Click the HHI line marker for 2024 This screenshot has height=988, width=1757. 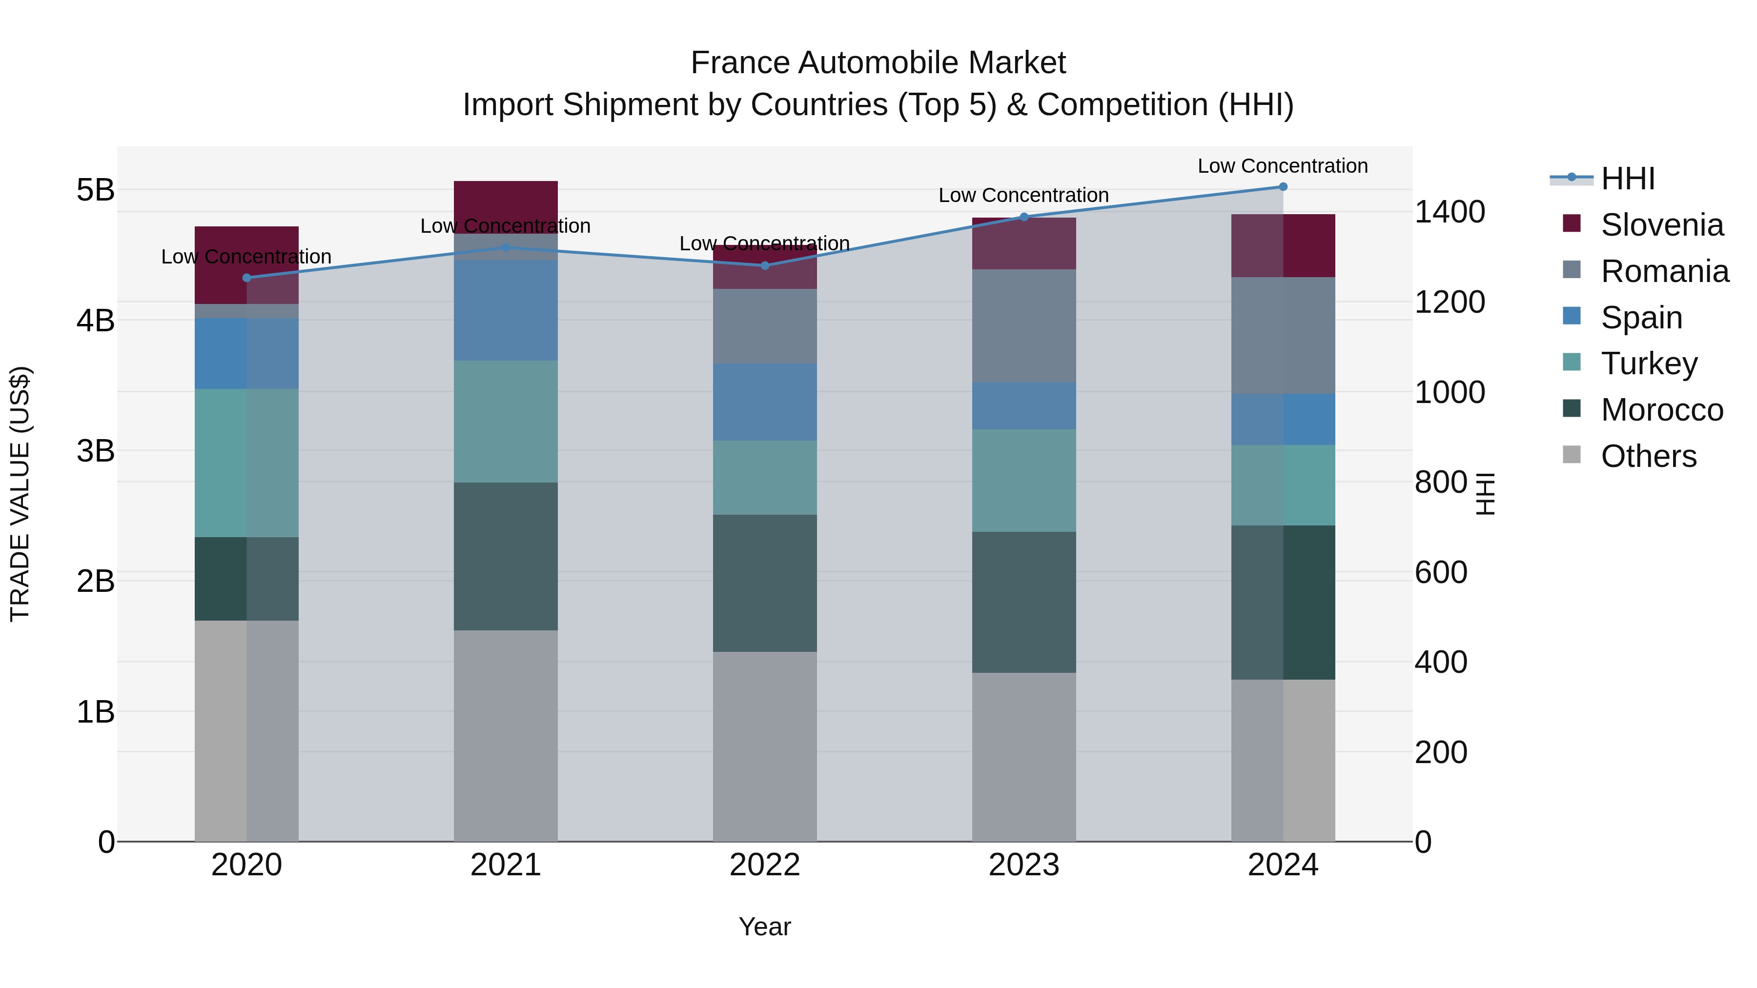(x=1283, y=186)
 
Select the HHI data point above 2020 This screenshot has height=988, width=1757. (x=247, y=278)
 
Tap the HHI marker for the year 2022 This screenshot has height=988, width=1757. (x=765, y=265)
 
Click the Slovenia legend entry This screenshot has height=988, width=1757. (x=1661, y=225)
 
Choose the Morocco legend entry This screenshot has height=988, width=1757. (x=1661, y=410)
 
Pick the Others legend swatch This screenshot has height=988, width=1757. (x=1572, y=455)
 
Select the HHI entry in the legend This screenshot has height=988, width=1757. (x=1627, y=179)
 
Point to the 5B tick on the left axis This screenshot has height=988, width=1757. (x=96, y=190)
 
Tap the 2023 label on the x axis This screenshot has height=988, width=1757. (x=1024, y=865)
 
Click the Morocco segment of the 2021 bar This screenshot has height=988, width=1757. (x=506, y=556)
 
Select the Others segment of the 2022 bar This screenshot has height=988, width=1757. (x=765, y=746)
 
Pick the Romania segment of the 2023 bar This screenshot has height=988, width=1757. (x=1024, y=325)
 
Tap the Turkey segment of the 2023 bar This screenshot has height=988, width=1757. (x=1024, y=480)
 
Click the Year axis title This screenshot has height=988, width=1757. (x=765, y=927)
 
